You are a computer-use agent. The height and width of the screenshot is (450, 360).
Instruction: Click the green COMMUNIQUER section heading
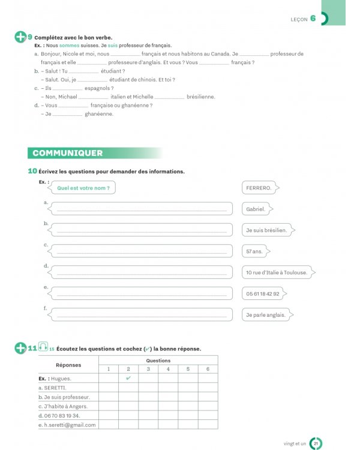pyautogui.click(x=68, y=153)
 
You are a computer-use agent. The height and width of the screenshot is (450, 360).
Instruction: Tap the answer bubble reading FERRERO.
pyautogui.click(x=259, y=188)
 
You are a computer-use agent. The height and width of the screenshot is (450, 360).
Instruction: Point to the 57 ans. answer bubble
pyautogui.click(x=255, y=251)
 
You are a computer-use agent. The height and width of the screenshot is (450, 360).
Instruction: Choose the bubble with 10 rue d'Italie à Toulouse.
pyautogui.click(x=277, y=272)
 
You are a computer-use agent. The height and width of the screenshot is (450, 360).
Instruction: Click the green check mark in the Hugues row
pyautogui.click(x=128, y=378)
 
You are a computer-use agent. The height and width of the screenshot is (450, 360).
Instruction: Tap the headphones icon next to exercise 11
pyautogui.click(x=43, y=347)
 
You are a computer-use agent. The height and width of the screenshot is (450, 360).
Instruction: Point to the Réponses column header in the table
pyautogui.click(x=68, y=364)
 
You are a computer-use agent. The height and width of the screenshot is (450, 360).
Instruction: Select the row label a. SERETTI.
pyautogui.click(x=55, y=388)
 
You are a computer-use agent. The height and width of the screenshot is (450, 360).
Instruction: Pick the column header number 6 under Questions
pyautogui.click(x=208, y=369)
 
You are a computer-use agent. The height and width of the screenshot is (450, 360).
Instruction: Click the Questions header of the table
pyautogui.click(x=158, y=360)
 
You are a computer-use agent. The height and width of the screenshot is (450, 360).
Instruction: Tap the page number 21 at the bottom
pyautogui.click(x=316, y=443)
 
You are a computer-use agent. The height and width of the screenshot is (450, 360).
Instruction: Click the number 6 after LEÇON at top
pyautogui.click(x=313, y=18)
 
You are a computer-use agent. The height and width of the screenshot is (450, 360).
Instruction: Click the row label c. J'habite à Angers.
pyautogui.click(x=65, y=406)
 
